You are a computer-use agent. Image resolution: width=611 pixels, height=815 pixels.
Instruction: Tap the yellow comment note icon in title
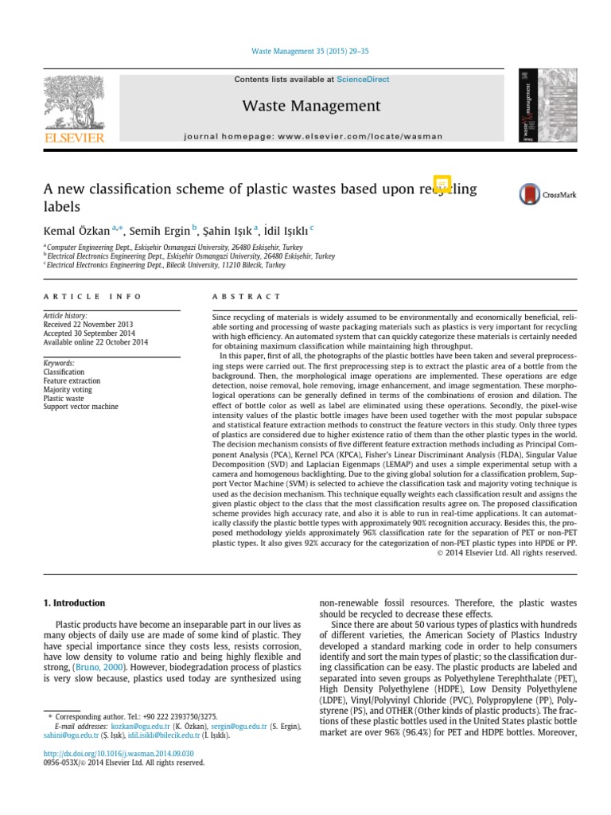(442, 184)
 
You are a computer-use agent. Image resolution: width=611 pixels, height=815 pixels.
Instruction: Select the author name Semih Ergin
(160, 231)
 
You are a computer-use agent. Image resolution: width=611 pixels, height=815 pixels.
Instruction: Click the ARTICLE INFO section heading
(92, 296)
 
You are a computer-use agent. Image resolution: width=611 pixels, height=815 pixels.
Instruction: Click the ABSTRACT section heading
(247, 296)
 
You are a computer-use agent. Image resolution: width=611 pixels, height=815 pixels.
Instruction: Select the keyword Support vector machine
(80, 407)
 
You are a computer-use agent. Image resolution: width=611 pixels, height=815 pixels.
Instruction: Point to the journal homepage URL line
(313, 136)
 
